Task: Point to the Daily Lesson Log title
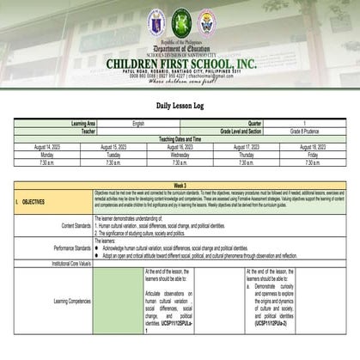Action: tap(180, 104)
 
